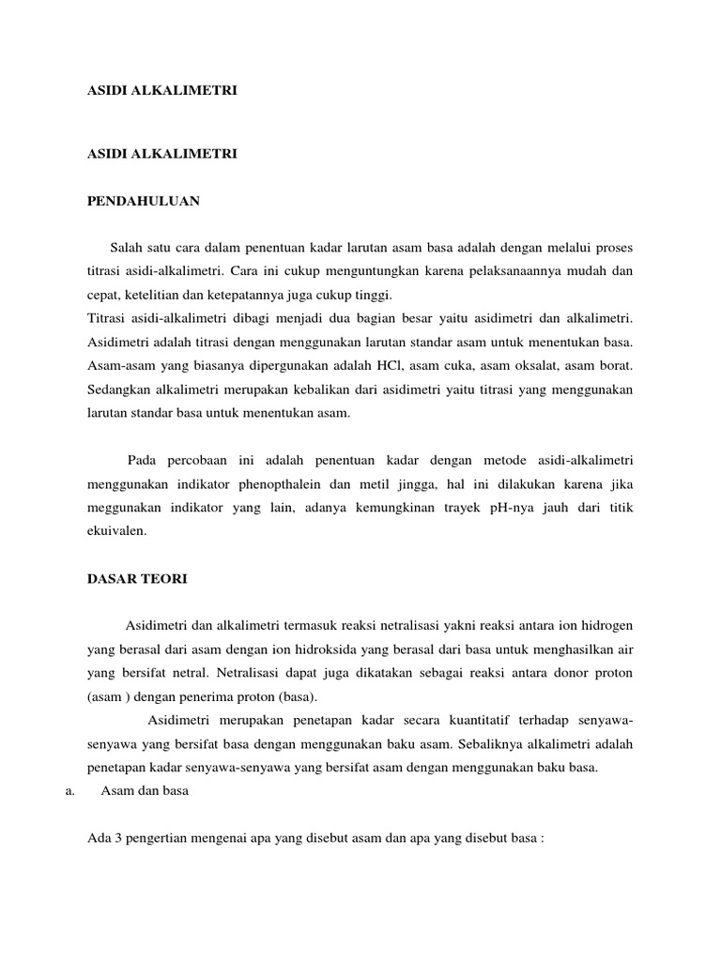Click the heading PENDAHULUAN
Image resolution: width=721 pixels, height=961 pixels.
click(x=143, y=200)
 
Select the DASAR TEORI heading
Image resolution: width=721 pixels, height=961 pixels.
click(x=137, y=579)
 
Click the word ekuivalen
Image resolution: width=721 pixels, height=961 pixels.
click(x=116, y=531)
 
